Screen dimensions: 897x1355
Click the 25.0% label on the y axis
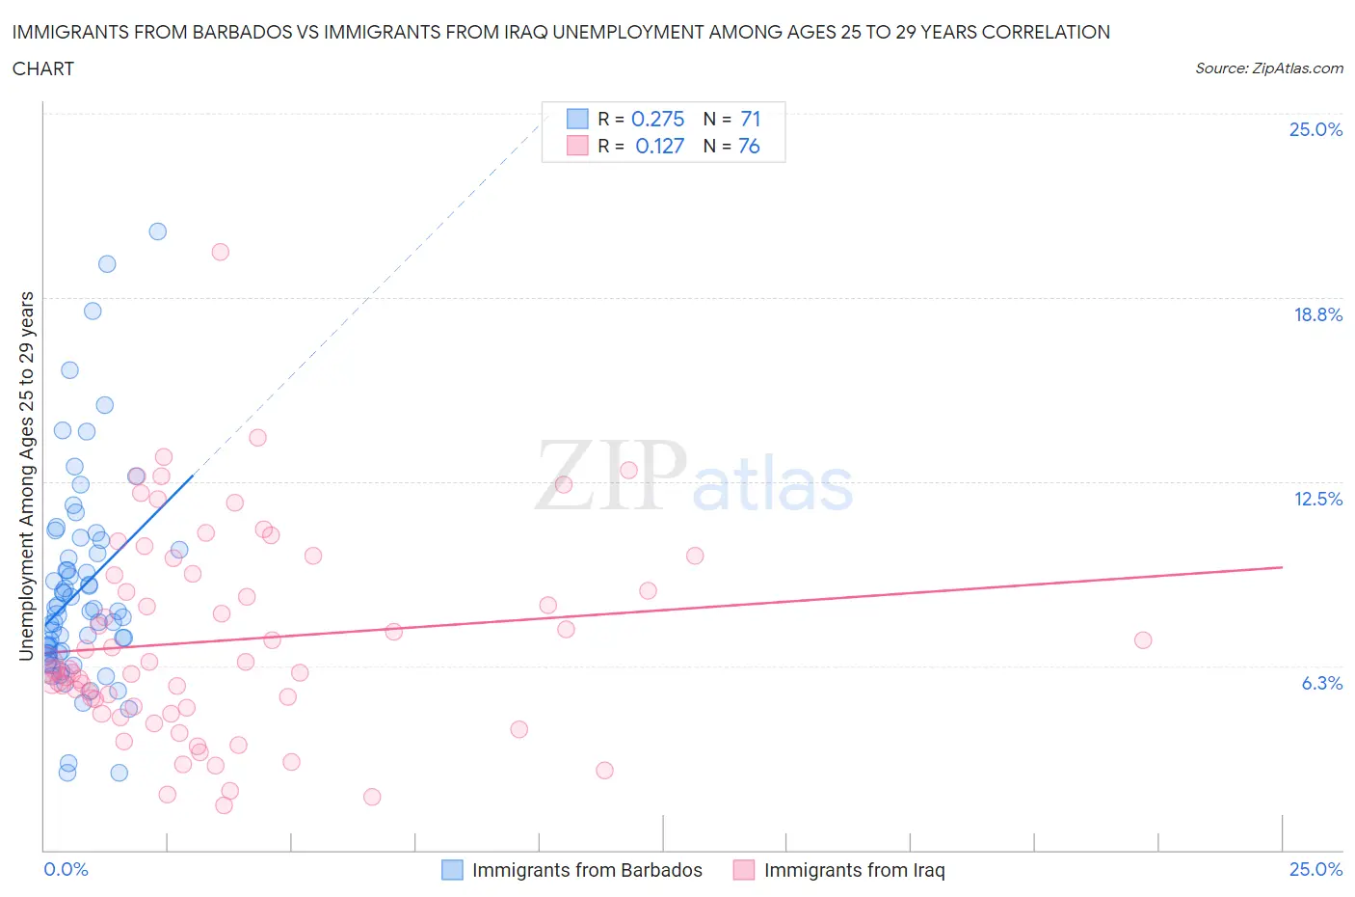tap(1315, 129)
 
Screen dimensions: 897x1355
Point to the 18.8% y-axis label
tap(1317, 314)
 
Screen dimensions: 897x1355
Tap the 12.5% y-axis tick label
tap(1317, 499)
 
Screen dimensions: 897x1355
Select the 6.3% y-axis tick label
tap(1321, 683)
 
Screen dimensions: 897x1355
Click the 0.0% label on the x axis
tap(66, 869)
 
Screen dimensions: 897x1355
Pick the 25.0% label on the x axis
tap(1315, 869)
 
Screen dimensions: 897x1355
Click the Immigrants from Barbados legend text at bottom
tap(587, 870)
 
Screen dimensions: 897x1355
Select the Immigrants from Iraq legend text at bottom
tap(854, 870)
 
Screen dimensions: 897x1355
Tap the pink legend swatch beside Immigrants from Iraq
tap(743, 870)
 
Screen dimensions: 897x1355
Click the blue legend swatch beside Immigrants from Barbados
tap(452, 870)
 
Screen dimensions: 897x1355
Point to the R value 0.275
tap(657, 119)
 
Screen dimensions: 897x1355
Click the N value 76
tap(749, 146)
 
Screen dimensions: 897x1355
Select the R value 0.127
tap(659, 146)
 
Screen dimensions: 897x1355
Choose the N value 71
tap(750, 119)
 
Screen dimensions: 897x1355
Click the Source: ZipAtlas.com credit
tap(1268, 68)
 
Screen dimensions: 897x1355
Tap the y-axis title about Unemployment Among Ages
tap(26, 476)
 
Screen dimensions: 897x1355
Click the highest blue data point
tap(158, 231)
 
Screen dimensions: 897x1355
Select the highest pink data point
tap(220, 252)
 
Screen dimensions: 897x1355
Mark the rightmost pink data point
tap(1143, 640)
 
